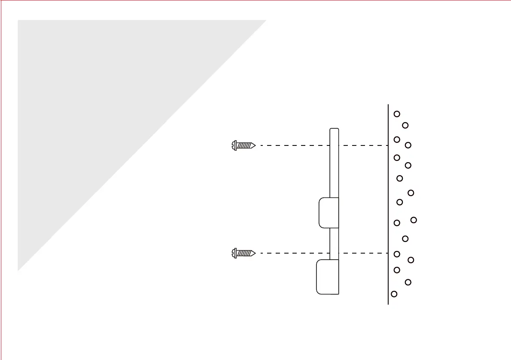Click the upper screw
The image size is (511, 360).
[243, 145]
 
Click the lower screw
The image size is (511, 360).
[243, 253]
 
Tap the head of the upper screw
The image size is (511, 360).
[234, 145]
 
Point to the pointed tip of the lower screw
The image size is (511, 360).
[255, 253]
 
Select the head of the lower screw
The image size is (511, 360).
[234, 253]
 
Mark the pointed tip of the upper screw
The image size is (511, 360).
[255, 145]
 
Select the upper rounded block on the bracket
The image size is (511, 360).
[329, 213]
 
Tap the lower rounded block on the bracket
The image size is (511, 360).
[327, 277]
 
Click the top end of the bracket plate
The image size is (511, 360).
[334, 129]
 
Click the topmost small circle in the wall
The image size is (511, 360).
[397, 114]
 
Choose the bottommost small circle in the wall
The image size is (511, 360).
[394, 294]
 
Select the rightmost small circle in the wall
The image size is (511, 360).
[414, 220]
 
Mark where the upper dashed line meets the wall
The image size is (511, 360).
[388, 145]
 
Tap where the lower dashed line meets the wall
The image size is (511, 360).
[388, 253]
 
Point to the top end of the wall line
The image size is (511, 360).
[388, 105]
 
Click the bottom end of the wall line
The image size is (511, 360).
[388, 304]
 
